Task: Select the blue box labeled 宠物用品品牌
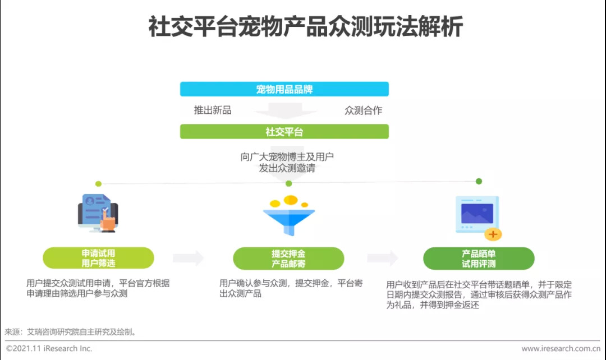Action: [x=284, y=89]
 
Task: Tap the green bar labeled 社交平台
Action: [x=284, y=132]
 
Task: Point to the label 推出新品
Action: [x=213, y=110]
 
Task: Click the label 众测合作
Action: [x=363, y=110]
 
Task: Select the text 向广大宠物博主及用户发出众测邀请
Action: [x=287, y=162]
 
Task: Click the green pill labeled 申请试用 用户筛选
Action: [x=98, y=258]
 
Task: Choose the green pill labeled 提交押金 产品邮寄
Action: [x=288, y=258]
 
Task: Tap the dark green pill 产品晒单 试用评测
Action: [x=479, y=258]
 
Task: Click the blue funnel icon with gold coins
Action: [x=289, y=215]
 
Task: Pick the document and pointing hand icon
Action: [x=98, y=213]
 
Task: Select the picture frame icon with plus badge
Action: [x=478, y=216]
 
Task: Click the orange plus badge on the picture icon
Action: [x=493, y=233]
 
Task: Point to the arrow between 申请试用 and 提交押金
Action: [x=188, y=258]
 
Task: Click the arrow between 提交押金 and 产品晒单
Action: [x=383, y=258]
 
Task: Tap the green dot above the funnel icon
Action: [x=289, y=183]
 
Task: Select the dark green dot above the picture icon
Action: [x=479, y=181]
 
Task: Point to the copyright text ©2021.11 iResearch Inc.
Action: [x=49, y=349]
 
